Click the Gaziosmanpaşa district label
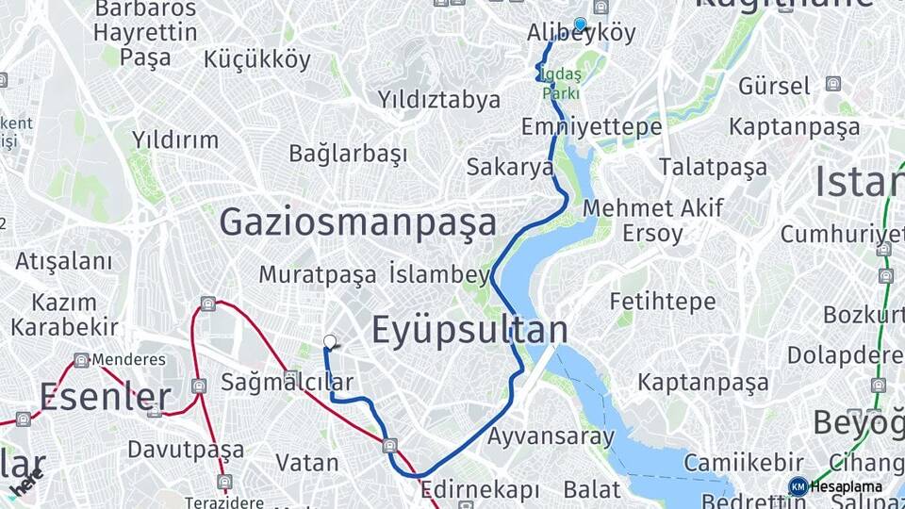pyautogui.click(x=357, y=222)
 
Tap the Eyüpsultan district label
pyautogui.click(x=469, y=331)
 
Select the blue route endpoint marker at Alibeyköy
pyautogui.click(x=580, y=25)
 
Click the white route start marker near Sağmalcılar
pyautogui.click(x=329, y=341)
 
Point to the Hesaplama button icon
pyautogui.click(x=798, y=486)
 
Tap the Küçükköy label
pyautogui.click(x=256, y=59)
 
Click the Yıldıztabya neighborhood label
pyautogui.click(x=439, y=98)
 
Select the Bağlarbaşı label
pyautogui.click(x=348, y=153)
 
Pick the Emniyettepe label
pyautogui.click(x=591, y=126)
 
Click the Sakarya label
pyautogui.click(x=510, y=168)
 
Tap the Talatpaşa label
pyautogui.click(x=713, y=167)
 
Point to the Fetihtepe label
pyautogui.click(x=663, y=302)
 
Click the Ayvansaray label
pyautogui.click(x=551, y=436)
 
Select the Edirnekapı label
pyautogui.click(x=480, y=490)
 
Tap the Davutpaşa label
pyautogui.click(x=186, y=449)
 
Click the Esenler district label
pyautogui.click(x=105, y=397)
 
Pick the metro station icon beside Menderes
pyautogui.click(x=82, y=360)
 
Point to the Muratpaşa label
pyautogui.click(x=318, y=274)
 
